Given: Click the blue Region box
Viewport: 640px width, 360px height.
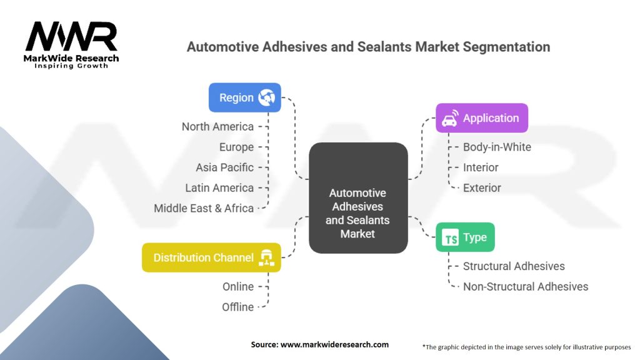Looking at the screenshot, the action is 244,97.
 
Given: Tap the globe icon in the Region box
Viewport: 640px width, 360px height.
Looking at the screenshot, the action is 267,97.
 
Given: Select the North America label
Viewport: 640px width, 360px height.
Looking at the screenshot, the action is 217,127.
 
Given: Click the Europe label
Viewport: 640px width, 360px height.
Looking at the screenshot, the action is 236,147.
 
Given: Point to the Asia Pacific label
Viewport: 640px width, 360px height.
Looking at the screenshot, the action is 224,167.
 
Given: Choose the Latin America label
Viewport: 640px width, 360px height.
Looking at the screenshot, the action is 219,188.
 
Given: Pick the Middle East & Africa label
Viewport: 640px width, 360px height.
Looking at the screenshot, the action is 204,209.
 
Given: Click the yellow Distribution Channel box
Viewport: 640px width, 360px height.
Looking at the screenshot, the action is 211,257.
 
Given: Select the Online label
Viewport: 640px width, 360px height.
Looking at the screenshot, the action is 238,287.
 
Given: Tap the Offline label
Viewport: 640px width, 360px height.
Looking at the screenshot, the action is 238,307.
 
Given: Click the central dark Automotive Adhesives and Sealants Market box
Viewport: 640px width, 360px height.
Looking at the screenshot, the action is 358,197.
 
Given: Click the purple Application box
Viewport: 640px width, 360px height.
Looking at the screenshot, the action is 481,118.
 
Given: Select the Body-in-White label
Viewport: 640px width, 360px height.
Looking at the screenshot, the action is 497,147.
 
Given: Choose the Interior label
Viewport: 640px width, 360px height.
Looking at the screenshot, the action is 481,167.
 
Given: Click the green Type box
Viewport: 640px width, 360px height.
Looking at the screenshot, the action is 464,237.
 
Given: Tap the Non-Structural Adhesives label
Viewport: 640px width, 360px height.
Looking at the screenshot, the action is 526,287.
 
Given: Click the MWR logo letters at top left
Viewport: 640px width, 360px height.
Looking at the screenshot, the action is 71,37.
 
